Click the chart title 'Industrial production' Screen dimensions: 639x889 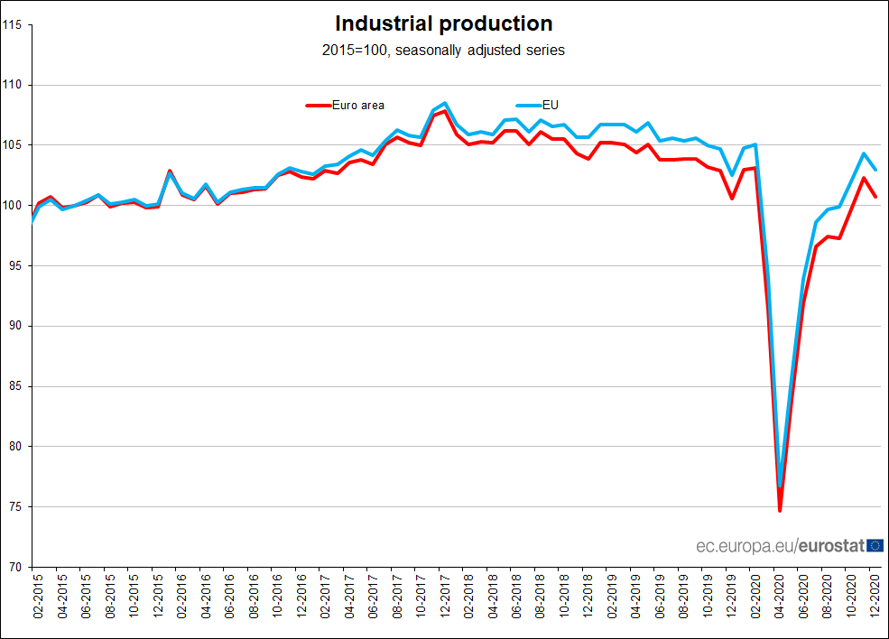click(443, 23)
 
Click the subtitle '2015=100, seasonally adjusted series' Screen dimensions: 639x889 click(443, 51)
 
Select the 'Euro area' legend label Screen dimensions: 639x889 click(358, 106)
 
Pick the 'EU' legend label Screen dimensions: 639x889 click(551, 105)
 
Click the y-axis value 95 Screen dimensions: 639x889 click(15, 265)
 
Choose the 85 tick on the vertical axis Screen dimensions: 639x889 click(15, 386)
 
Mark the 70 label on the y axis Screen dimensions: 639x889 click(15, 567)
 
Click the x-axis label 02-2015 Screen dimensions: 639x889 click(39, 597)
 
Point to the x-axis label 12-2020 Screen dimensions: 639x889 click(875, 597)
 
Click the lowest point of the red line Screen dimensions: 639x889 click(780, 511)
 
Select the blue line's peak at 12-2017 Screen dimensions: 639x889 click(445, 103)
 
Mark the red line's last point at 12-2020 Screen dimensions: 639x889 click(875, 196)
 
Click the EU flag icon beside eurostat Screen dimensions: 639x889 click(875, 545)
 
